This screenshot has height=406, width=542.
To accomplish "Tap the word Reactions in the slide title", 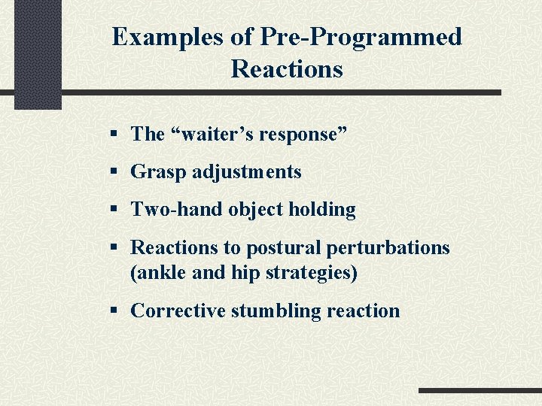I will point(287,69).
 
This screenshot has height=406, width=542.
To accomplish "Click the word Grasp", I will point(159,172).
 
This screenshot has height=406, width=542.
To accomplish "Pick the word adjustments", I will point(247,172).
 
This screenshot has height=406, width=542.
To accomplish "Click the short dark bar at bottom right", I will point(480,391).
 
